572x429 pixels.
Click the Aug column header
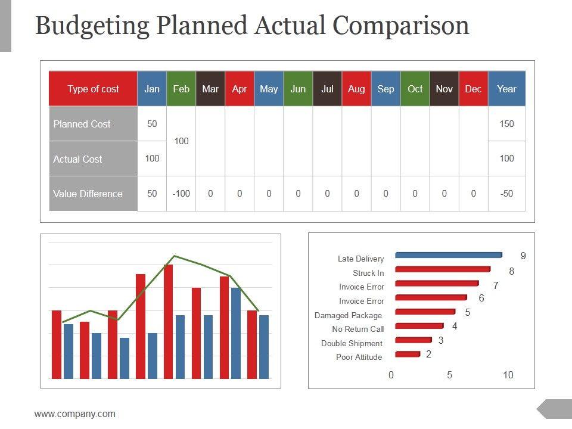coord(356,89)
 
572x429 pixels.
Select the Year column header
coord(506,89)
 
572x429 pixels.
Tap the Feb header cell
coord(181,89)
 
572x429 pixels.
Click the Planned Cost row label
coord(82,124)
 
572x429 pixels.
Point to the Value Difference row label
coord(88,194)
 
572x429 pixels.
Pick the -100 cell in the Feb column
coord(181,194)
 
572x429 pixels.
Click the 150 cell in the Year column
coord(506,124)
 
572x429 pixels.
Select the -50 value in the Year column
coord(506,194)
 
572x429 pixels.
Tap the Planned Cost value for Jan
coord(152,124)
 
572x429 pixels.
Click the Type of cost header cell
coord(93,89)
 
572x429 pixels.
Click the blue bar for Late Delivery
coord(448,255)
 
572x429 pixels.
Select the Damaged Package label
coord(349,315)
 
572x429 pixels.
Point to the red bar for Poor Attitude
coord(407,354)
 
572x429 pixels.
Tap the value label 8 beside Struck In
coord(511,272)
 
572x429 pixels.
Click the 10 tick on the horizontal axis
coord(508,375)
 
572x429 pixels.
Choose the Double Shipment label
coord(352,343)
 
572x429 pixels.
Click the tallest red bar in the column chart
coord(169,322)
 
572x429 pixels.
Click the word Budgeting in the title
coord(92,26)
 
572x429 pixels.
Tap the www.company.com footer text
coord(75,414)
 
